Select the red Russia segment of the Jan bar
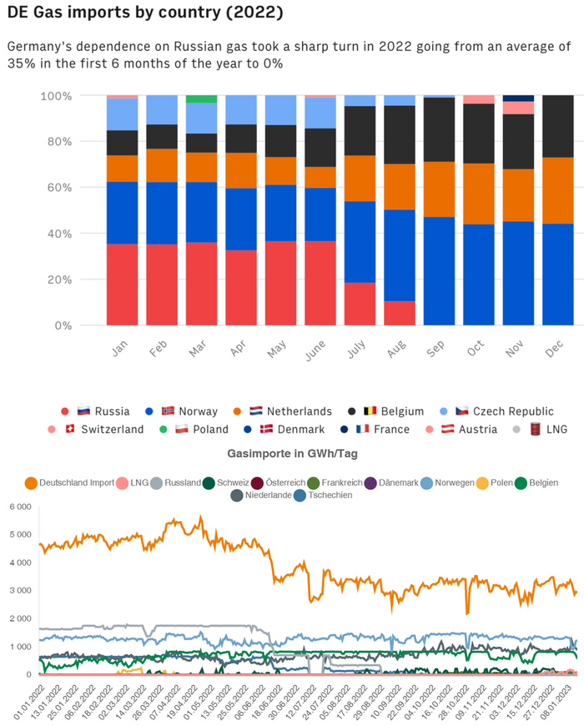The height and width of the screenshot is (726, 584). [x=122, y=284]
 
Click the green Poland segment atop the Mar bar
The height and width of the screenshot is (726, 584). [x=201, y=98]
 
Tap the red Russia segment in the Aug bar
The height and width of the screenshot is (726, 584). [x=400, y=313]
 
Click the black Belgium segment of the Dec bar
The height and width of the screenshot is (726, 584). [x=558, y=126]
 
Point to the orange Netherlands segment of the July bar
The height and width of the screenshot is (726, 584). [x=360, y=178]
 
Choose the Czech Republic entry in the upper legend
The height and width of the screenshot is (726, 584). [x=505, y=411]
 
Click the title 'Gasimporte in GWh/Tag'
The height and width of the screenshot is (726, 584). [x=291, y=452]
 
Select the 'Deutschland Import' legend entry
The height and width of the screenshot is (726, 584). [x=70, y=482]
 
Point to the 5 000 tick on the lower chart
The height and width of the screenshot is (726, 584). [x=19, y=535]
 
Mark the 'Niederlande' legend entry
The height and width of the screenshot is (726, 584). [x=266, y=495]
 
